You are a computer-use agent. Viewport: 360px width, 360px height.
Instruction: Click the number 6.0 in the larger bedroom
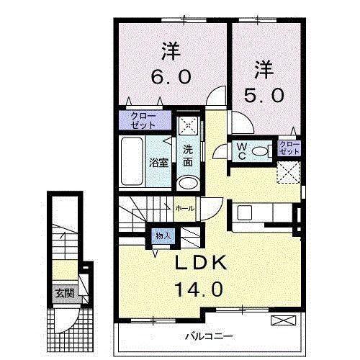[171, 76]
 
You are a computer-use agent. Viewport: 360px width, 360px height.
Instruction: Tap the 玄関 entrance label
[63, 293]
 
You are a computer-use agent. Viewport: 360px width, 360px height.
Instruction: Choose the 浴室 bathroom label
[158, 163]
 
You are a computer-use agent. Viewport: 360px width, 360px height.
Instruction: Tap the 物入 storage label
[163, 235]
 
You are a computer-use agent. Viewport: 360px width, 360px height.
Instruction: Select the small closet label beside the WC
[289, 149]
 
